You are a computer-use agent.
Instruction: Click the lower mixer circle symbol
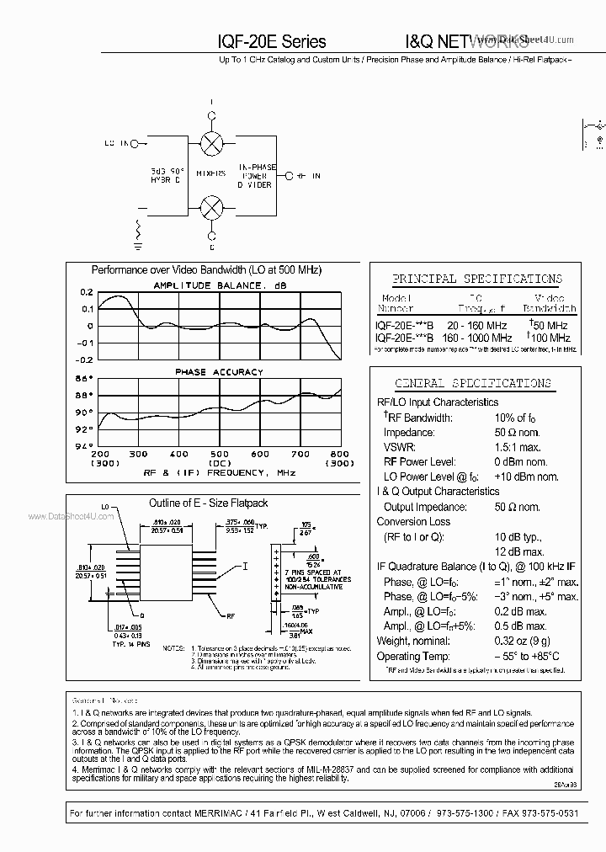tap(213, 205)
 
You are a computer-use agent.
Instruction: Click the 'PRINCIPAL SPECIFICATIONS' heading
tap(477, 279)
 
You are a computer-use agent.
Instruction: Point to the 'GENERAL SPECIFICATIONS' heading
tap(473, 383)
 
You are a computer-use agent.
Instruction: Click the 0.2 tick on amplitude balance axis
tap(87, 292)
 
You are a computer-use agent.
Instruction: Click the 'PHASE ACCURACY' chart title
tap(219, 371)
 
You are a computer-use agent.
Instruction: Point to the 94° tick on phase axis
tap(85, 446)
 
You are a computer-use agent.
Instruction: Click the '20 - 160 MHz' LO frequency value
tap(477, 325)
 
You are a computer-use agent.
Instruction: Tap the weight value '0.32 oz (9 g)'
tap(529, 642)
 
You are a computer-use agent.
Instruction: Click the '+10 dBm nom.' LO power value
tap(526, 477)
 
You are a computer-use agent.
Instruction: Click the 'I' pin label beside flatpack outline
tap(246, 567)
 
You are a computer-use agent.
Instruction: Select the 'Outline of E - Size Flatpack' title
tap(208, 503)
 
